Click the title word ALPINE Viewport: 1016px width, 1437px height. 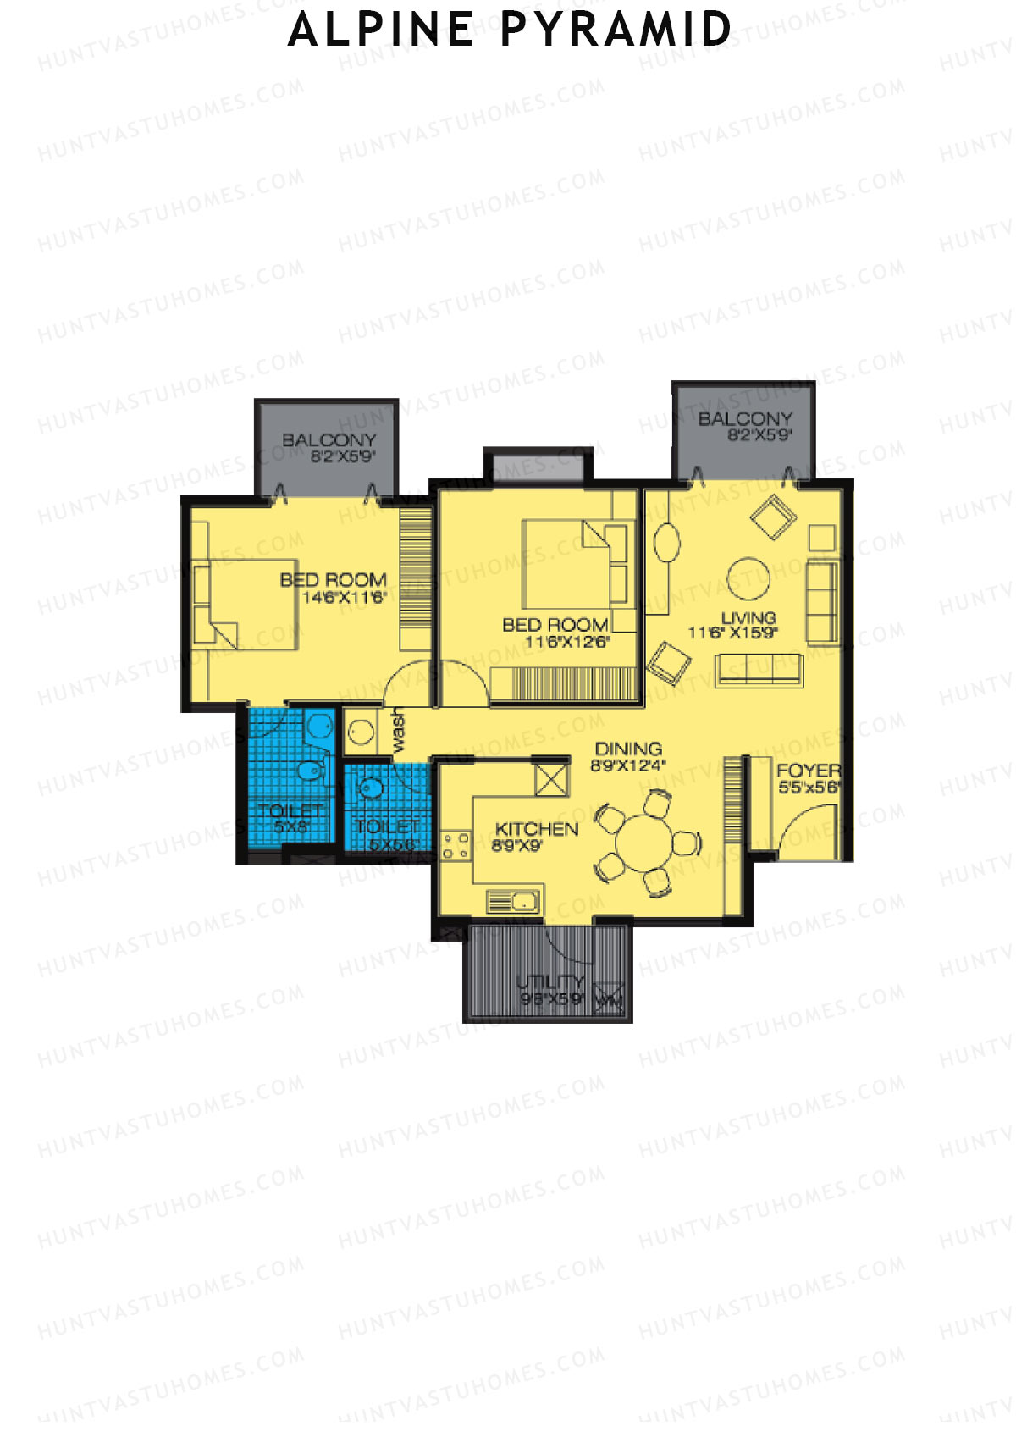click(381, 30)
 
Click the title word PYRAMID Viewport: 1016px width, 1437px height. click(616, 30)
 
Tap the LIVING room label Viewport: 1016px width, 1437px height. click(748, 617)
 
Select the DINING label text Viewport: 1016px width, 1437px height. click(628, 749)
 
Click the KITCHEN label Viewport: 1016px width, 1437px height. click(537, 829)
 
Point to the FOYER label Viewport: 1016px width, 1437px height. click(809, 771)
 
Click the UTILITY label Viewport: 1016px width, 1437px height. click(550, 981)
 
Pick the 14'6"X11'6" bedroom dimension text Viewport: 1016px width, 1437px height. click(344, 598)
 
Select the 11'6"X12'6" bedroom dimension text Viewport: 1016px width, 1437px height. click(566, 642)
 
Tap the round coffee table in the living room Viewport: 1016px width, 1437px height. click(748, 578)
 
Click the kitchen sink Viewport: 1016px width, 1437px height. click(514, 901)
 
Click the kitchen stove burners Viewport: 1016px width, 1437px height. click(456, 845)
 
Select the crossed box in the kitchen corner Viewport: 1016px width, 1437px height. click(552, 779)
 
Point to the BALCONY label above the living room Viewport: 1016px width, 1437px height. click(745, 418)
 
